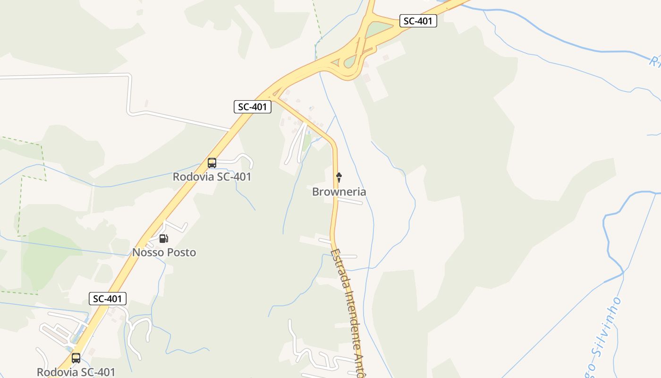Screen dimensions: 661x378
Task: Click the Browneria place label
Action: pyautogui.click(x=339, y=192)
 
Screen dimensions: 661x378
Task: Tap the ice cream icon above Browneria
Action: pyautogui.click(x=339, y=178)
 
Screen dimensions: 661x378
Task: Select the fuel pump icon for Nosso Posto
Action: pyautogui.click(x=163, y=238)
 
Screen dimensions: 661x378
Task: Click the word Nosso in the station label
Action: pyautogui.click(x=148, y=253)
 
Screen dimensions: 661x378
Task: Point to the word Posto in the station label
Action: pyautogui.click(x=181, y=253)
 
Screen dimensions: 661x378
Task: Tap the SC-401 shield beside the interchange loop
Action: pyautogui.click(x=418, y=21)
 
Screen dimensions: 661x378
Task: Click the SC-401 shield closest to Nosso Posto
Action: pyautogui.click(x=108, y=299)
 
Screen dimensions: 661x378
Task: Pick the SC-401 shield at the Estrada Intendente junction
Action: pyautogui.click(x=253, y=107)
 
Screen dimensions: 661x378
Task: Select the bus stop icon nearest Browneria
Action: pyautogui.click(x=212, y=163)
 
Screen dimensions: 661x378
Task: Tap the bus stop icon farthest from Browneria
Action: pyautogui.click(x=76, y=358)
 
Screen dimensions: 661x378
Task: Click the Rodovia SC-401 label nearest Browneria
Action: pyautogui.click(x=212, y=177)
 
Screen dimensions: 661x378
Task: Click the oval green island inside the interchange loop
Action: pyautogui.click(x=350, y=61)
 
